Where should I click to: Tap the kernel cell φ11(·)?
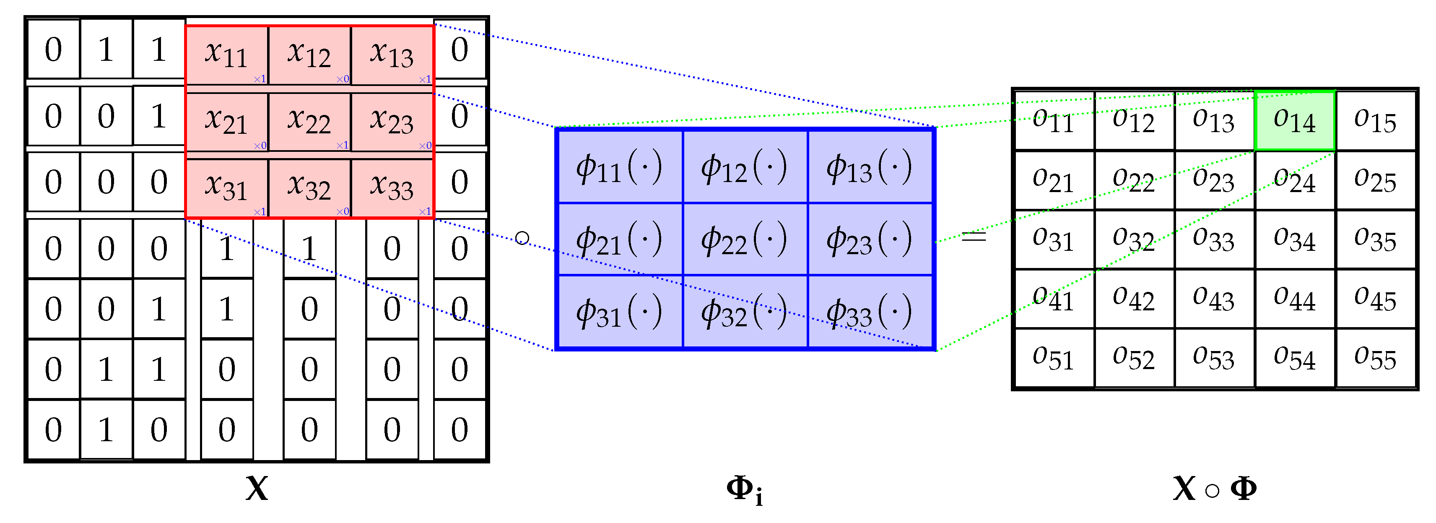(x=619, y=167)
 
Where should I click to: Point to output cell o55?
(x=1375, y=357)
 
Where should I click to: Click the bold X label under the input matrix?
(x=257, y=489)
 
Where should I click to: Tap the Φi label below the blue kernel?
(x=744, y=489)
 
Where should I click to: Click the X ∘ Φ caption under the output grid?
(x=1214, y=489)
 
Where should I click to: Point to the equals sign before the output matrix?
(x=974, y=237)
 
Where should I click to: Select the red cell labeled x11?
(x=226, y=55)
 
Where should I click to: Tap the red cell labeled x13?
(x=392, y=55)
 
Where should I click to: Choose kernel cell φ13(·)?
(x=870, y=167)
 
